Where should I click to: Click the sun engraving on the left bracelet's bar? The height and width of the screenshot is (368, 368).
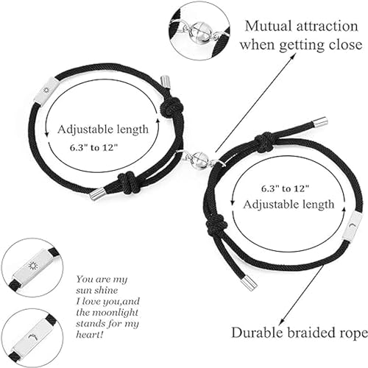click(46, 91)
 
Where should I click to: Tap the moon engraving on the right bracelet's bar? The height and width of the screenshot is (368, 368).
click(352, 225)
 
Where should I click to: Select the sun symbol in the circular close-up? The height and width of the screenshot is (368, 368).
click(32, 266)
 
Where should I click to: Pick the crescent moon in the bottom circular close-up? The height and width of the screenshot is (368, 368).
click(33, 337)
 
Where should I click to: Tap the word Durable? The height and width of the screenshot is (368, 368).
click(257, 333)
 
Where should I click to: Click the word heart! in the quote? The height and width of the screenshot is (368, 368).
click(89, 334)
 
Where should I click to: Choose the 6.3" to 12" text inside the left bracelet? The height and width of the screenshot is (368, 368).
click(94, 148)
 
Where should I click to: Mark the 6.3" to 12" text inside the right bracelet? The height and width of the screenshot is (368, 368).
click(285, 188)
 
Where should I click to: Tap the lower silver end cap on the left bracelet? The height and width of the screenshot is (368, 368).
click(96, 194)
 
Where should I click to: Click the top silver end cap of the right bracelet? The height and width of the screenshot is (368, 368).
click(319, 121)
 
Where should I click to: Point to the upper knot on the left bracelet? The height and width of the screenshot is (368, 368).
click(171, 106)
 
